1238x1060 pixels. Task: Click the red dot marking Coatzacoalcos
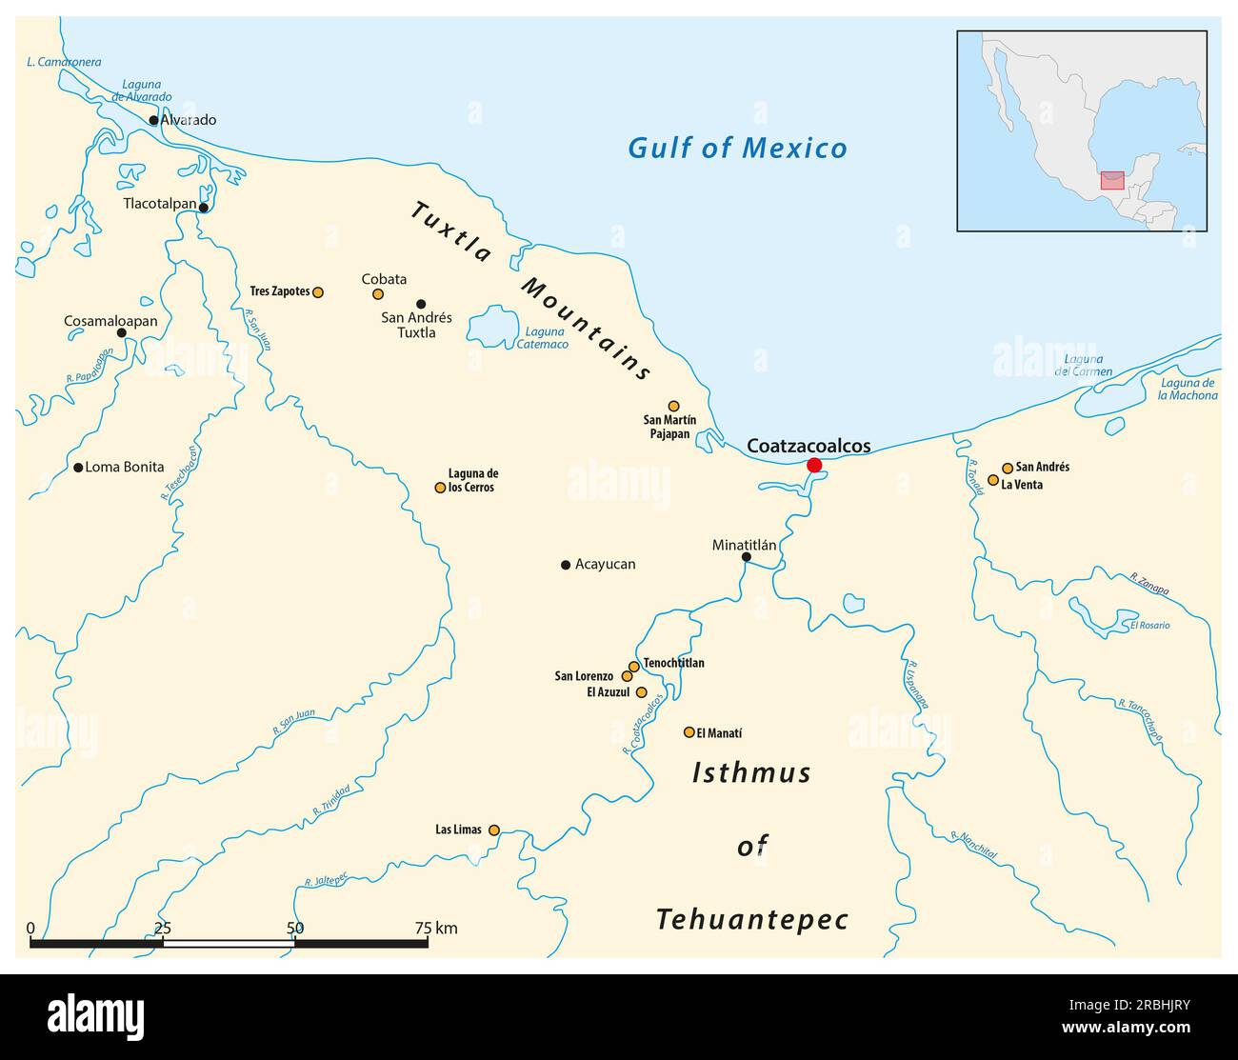[x=814, y=465]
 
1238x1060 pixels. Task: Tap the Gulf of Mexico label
[x=737, y=149]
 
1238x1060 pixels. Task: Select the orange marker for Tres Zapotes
[x=318, y=292]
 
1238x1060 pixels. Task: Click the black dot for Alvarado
[x=153, y=120]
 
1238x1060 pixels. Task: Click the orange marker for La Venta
[x=993, y=480]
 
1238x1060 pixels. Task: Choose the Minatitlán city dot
[x=746, y=557]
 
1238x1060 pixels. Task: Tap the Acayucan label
[x=605, y=564]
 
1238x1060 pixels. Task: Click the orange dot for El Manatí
[x=689, y=732]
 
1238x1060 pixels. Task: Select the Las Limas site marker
[x=493, y=830]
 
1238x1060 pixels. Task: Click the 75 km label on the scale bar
[x=435, y=928]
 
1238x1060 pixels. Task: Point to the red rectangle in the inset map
[x=1111, y=180]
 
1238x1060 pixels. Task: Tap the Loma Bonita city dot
[x=78, y=468]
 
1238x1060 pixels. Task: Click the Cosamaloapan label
[x=110, y=321]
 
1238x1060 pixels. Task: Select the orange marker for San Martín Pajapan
[x=673, y=406]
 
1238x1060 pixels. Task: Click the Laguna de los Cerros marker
[x=440, y=488]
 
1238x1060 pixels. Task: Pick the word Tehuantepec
[x=751, y=920]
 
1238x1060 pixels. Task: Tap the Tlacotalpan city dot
[x=203, y=207]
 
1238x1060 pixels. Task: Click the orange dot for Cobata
[x=378, y=294]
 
